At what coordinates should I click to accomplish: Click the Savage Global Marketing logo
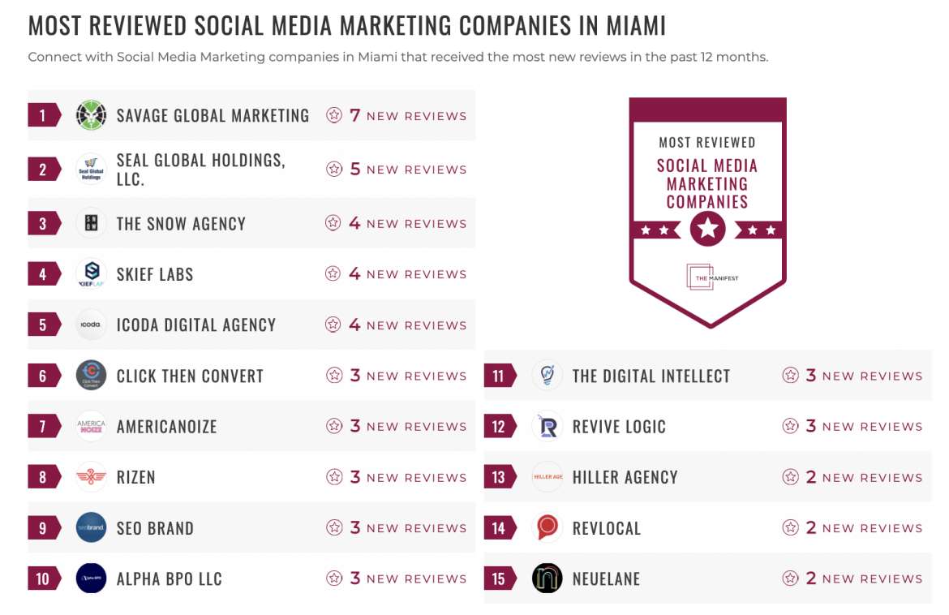click(x=91, y=115)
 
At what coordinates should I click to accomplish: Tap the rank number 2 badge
click(x=43, y=170)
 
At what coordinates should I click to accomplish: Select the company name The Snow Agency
click(x=181, y=224)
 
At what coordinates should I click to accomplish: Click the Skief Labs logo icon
click(x=91, y=273)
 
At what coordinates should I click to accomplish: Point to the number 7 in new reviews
click(x=354, y=115)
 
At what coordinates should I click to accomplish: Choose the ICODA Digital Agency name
click(x=196, y=325)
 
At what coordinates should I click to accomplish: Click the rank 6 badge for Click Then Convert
click(x=43, y=376)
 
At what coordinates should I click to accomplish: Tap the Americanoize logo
click(x=91, y=426)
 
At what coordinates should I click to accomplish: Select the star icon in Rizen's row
click(x=333, y=477)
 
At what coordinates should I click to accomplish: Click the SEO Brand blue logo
click(x=91, y=528)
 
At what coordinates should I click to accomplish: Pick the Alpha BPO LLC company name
click(x=169, y=579)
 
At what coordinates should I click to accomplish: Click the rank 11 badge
click(x=499, y=376)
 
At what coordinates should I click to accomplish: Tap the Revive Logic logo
click(x=547, y=426)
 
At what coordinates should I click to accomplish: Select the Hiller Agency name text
click(x=625, y=477)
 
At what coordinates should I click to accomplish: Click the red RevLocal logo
click(x=547, y=528)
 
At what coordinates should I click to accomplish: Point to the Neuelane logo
click(x=547, y=578)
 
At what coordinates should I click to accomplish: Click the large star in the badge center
click(x=707, y=229)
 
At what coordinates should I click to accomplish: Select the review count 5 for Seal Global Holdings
click(x=354, y=170)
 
